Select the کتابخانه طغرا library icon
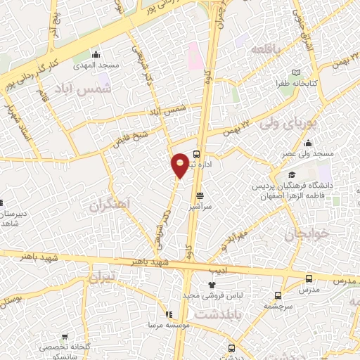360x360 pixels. [296, 73]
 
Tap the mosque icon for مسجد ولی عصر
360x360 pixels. [309, 143]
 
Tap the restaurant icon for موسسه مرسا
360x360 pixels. [169, 314]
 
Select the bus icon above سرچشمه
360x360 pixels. [278, 295]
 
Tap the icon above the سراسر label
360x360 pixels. [201, 196]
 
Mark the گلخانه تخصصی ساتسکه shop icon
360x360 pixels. [65, 337]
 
